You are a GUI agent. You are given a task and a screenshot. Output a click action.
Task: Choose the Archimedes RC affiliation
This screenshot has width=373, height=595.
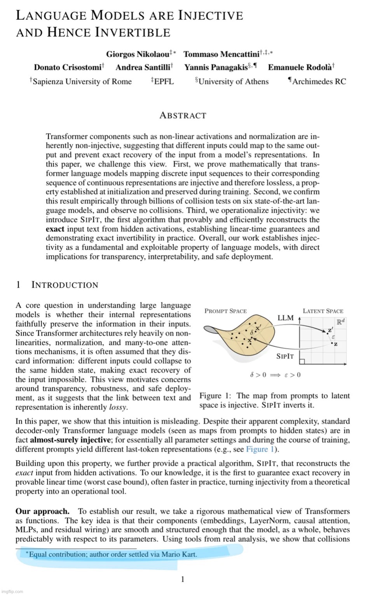(319, 82)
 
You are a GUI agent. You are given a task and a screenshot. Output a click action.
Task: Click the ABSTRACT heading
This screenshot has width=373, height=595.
(183, 116)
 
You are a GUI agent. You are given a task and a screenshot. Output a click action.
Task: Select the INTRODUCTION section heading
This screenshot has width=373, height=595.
(64, 285)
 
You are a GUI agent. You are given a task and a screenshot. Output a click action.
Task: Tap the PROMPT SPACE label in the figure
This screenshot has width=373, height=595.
(225, 311)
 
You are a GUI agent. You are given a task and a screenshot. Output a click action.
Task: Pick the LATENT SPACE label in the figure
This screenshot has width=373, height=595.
(323, 311)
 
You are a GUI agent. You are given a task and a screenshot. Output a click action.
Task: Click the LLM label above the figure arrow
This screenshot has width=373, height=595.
(285, 318)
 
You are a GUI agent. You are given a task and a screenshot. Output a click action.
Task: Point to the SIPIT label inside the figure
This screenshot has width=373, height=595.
(285, 356)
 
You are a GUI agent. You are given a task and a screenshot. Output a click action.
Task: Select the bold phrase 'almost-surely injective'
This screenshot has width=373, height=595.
(70, 440)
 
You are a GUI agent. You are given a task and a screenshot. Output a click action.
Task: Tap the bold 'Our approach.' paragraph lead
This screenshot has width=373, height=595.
(43, 511)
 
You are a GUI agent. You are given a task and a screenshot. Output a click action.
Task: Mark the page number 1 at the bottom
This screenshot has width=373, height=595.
(183, 580)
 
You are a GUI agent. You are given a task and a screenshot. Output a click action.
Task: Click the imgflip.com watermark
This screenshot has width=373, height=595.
(12, 592)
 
